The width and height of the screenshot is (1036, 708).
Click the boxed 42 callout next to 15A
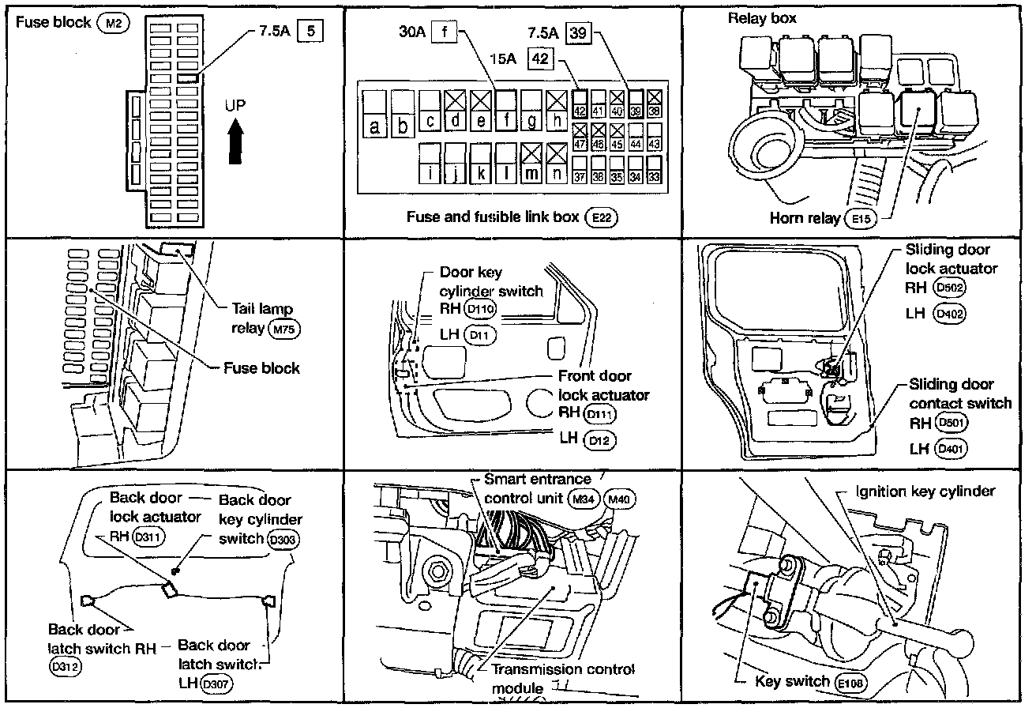(540, 59)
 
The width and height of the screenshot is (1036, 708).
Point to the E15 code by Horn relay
(860, 218)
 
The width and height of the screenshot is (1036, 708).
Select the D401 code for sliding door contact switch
(950, 448)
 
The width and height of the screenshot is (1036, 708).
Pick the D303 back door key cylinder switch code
(283, 540)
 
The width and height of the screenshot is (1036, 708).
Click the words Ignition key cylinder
(925, 491)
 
